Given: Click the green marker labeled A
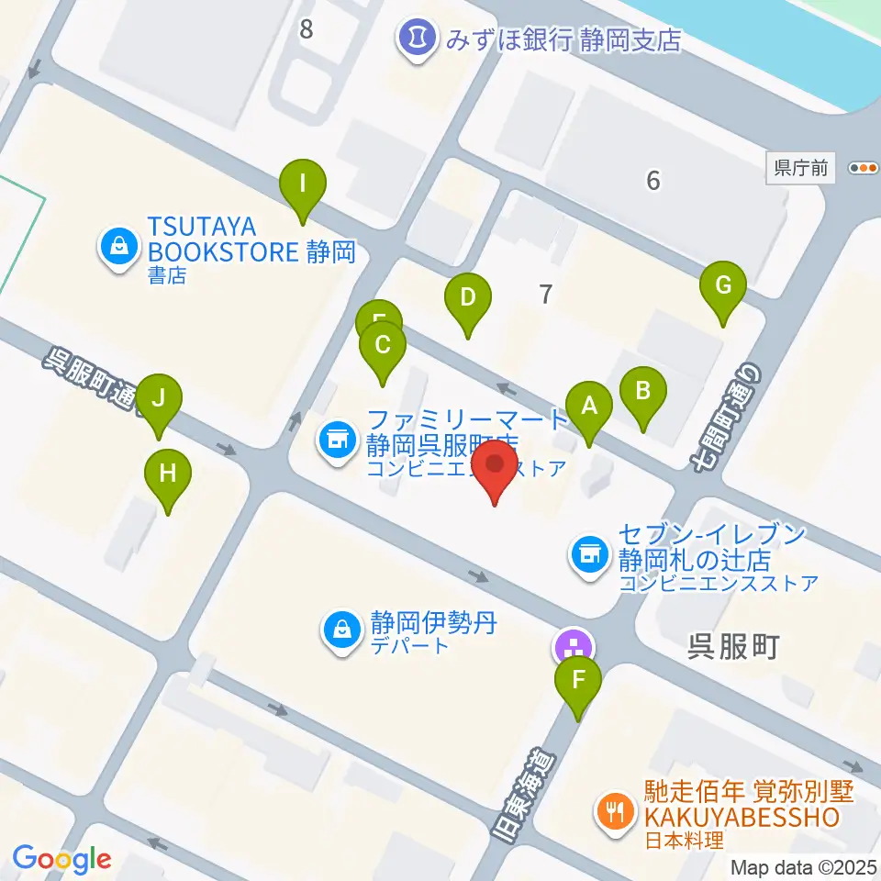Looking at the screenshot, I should (589, 405).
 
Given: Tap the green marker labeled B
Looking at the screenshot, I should (643, 390).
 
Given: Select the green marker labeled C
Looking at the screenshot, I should (383, 345).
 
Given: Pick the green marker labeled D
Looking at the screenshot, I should (468, 297).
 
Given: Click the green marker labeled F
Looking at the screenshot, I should (578, 680).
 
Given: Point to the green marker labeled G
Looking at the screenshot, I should (723, 285).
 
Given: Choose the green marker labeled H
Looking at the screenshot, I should (168, 474).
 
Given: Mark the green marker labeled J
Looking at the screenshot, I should (159, 399).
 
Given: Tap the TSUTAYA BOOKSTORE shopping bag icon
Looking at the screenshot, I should (118, 245).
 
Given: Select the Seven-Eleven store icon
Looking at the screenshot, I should (587, 553).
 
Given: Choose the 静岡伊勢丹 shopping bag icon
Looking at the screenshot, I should (341, 630).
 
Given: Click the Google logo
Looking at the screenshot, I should (62, 859).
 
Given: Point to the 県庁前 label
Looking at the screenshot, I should (800, 168).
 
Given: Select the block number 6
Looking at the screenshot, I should (652, 181).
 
